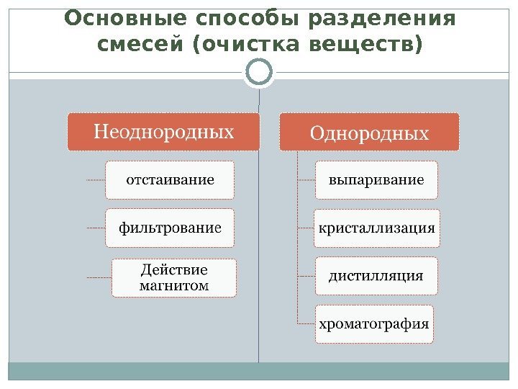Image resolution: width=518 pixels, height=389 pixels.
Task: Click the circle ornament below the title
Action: (259, 72)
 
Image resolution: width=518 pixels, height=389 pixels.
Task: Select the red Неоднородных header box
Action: (164, 132)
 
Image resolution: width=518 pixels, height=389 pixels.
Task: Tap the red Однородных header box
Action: (369, 133)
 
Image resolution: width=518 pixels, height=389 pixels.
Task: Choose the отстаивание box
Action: (170, 179)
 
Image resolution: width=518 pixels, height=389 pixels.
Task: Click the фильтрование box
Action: (170, 228)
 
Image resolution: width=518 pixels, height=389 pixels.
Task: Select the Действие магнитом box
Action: (173, 277)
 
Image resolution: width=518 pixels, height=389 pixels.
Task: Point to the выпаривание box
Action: (376, 179)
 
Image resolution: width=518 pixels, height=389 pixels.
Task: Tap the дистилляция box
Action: (376, 275)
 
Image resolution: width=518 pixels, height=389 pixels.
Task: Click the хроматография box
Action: (376, 323)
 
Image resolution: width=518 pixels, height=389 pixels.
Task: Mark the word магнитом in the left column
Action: (173, 285)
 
